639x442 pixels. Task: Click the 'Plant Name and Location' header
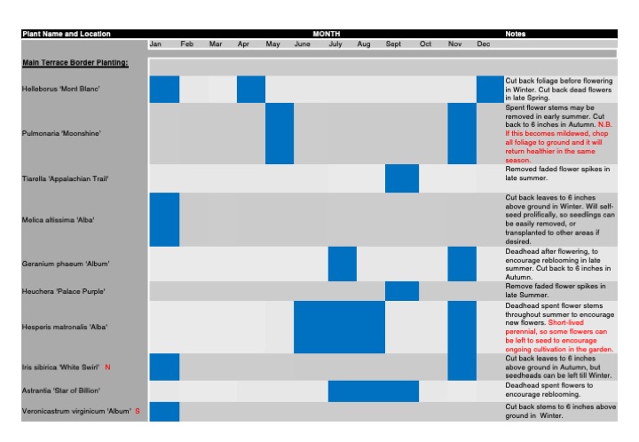click(x=67, y=34)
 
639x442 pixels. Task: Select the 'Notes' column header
click(x=515, y=34)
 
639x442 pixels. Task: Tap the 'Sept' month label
click(x=393, y=44)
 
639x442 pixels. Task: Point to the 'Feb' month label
click(x=186, y=44)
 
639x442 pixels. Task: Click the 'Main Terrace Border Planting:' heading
click(x=75, y=63)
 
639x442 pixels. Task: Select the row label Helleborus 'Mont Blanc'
click(x=60, y=89)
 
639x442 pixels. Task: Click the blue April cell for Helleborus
click(x=251, y=89)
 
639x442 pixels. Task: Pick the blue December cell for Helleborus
click(x=489, y=89)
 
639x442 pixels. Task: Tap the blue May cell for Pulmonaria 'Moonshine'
click(x=280, y=133)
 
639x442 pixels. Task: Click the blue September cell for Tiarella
click(x=401, y=178)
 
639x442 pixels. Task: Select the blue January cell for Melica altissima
click(x=164, y=219)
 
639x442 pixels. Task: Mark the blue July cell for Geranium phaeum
click(x=342, y=264)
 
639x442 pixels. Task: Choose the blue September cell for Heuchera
click(x=401, y=291)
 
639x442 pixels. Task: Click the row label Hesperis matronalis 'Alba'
click(x=64, y=328)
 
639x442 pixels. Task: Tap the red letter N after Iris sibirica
click(x=107, y=367)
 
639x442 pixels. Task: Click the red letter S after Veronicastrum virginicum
click(x=138, y=411)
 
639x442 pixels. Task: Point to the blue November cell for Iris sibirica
click(x=461, y=367)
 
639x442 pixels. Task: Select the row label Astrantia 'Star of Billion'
click(x=60, y=391)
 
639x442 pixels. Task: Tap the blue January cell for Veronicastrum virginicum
click(x=164, y=411)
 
